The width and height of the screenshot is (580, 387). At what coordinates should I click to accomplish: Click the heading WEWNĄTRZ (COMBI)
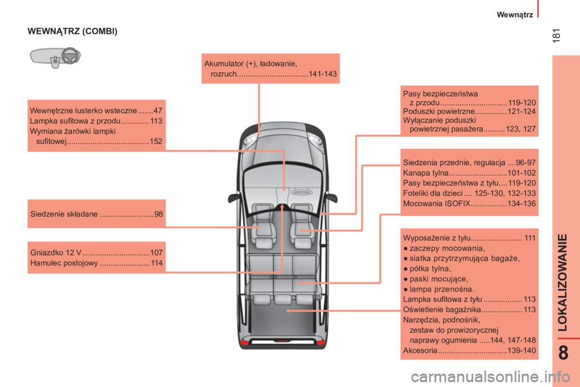72,31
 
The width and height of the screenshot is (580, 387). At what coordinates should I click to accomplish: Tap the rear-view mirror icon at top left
55,57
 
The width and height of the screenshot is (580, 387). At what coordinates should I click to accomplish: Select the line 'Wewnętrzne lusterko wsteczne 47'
96,111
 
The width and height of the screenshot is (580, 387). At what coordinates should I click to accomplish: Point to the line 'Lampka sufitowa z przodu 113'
96,121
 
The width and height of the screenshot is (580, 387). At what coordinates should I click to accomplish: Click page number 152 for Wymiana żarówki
155,141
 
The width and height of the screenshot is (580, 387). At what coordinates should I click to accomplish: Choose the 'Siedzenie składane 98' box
96,213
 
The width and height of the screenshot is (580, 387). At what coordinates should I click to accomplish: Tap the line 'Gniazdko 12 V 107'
96,253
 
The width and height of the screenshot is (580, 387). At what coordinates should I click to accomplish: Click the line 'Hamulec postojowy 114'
96,264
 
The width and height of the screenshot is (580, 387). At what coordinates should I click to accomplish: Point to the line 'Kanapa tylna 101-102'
469,173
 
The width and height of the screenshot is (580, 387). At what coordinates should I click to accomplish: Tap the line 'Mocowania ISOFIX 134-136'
469,203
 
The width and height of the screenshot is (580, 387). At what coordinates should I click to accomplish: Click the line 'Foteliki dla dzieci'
469,193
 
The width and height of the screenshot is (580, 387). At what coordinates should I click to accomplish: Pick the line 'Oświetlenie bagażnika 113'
469,310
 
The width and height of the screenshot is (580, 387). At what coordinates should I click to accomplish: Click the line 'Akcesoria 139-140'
469,351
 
